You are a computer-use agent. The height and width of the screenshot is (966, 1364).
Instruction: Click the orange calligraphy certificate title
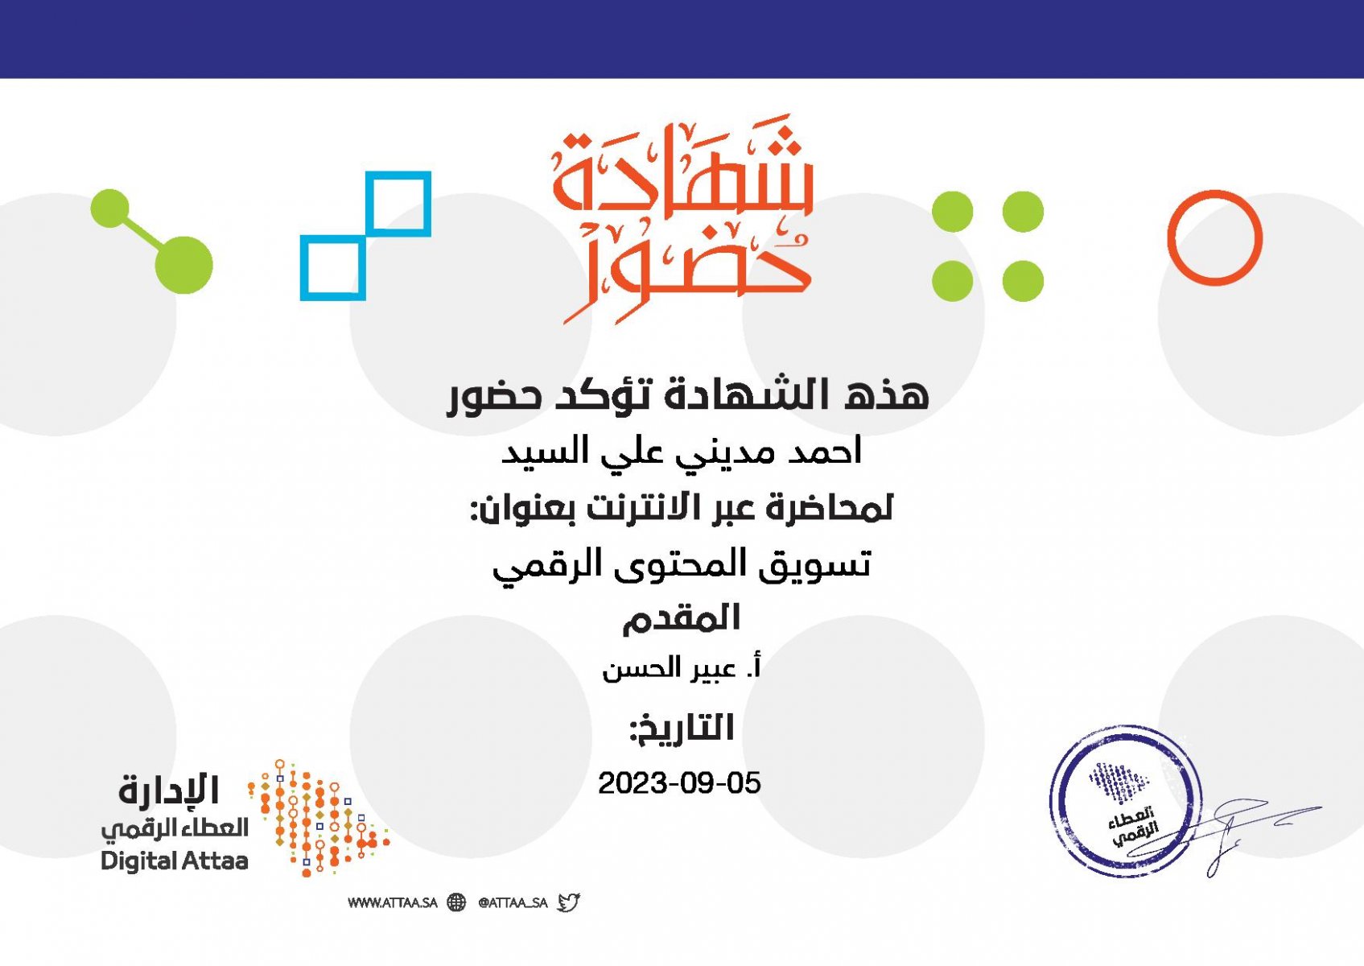682,218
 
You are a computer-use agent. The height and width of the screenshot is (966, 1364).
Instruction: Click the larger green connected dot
184,265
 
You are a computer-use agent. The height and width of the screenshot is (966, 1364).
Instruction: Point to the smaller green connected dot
110,208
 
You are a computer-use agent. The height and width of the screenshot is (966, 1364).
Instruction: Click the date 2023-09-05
679,783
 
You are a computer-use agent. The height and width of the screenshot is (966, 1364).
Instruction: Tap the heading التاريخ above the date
682,729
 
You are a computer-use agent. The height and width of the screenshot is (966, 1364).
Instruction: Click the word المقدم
682,618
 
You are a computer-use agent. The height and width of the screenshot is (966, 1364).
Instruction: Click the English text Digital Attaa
174,861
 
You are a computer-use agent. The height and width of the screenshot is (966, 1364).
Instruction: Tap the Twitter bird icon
568,902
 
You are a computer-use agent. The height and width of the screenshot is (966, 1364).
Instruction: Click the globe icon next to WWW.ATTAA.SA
456,902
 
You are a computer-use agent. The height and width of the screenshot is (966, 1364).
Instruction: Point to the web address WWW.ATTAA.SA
393,902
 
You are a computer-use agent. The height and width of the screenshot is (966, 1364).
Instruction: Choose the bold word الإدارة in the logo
168,791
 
